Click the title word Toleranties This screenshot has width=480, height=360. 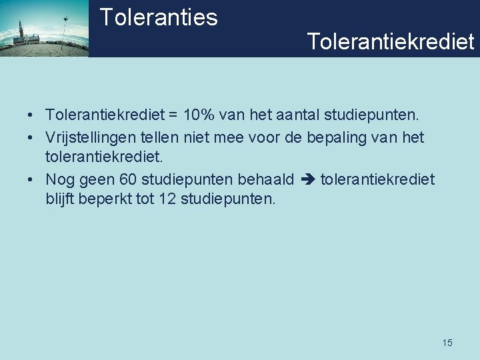[159, 17]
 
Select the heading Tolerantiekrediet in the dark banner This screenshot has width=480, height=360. [391, 41]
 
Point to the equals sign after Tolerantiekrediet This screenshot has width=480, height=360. [173, 116]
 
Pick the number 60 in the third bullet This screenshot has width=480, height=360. [129, 180]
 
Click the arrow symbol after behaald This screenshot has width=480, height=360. [307, 180]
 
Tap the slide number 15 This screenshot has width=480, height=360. [447, 343]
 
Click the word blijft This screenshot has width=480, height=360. [61, 199]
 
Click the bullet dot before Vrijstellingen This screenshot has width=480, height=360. [31, 138]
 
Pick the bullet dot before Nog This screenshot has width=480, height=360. [31, 180]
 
